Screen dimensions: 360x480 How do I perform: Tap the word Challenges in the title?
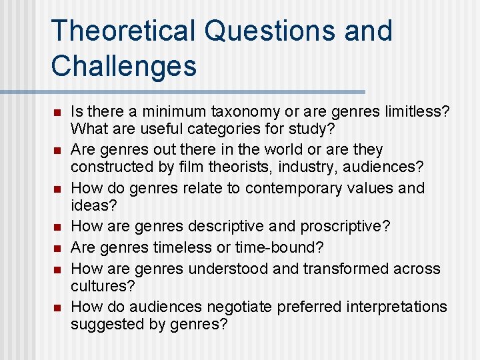point(124,66)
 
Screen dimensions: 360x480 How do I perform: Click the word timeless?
point(181,247)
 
